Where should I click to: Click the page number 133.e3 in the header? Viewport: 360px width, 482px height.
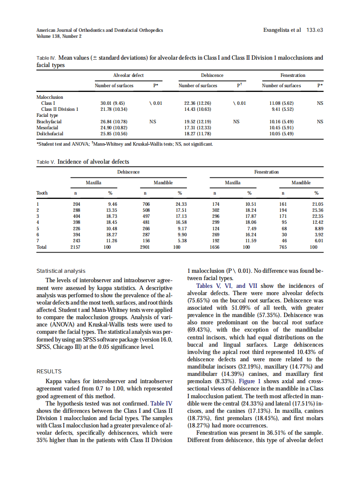click(315, 31)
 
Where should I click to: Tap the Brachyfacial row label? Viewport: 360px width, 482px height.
click(49, 122)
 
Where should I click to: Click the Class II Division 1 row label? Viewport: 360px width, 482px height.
click(60, 109)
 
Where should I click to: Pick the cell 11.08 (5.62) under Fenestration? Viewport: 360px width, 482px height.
click(281, 103)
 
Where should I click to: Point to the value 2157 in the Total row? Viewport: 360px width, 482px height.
click(75, 247)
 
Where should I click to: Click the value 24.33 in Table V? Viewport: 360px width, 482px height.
click(181, 204)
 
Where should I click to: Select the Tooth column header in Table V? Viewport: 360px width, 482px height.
click(42, 193)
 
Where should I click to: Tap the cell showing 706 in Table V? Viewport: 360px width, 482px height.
click(146, 204)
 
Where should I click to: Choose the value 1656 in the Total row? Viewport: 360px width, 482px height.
click(214, 247)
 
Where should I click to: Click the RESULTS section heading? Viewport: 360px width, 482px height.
click(49, 372)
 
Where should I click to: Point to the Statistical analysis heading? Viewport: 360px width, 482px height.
click(61, 271)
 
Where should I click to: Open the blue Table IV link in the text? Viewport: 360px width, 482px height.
click(161, 403)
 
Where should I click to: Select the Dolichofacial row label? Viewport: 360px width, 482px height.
click(50, 134)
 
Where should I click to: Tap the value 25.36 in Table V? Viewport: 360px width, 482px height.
click(317, 210)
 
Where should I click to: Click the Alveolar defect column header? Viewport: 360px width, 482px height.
click(128, 75)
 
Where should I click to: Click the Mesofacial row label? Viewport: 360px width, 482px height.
click(48, 128)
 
